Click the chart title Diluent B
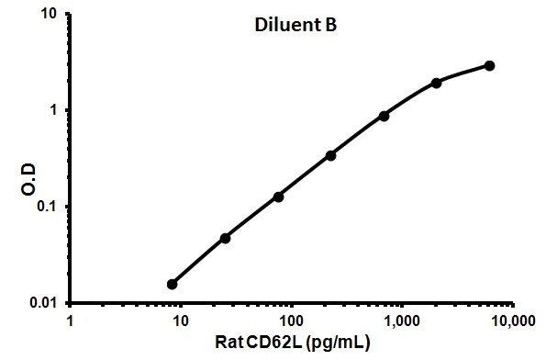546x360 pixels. click(295, 27)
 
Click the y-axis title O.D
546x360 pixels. click(28, 160)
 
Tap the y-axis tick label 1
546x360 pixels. click(55, 110)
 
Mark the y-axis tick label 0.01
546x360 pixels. click(44, 303)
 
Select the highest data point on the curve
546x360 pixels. click(489, 66)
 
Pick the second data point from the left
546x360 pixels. click(225, 238)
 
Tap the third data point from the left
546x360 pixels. click(278, 197)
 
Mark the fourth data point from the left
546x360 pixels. click(330, 155)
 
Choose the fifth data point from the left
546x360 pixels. click(384, 116)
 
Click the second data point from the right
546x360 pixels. click(436, 83)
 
